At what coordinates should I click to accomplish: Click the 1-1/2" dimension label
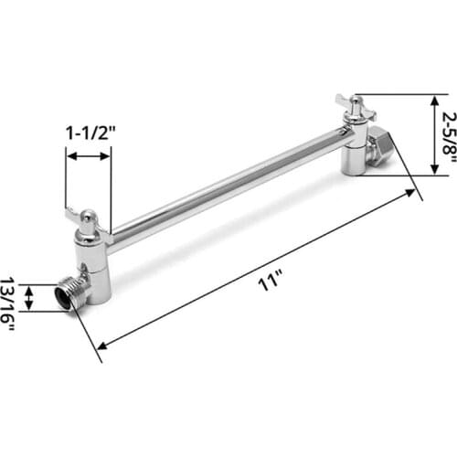coord(89,133)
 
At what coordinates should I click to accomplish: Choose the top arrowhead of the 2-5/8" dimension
coord(435,99)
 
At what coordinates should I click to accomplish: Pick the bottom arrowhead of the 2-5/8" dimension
coord(435,168)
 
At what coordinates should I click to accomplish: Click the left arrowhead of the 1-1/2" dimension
coord(69,157)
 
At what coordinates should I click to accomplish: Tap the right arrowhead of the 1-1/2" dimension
coord(107,157)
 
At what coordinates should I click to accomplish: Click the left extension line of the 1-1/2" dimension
coord(66,178)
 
